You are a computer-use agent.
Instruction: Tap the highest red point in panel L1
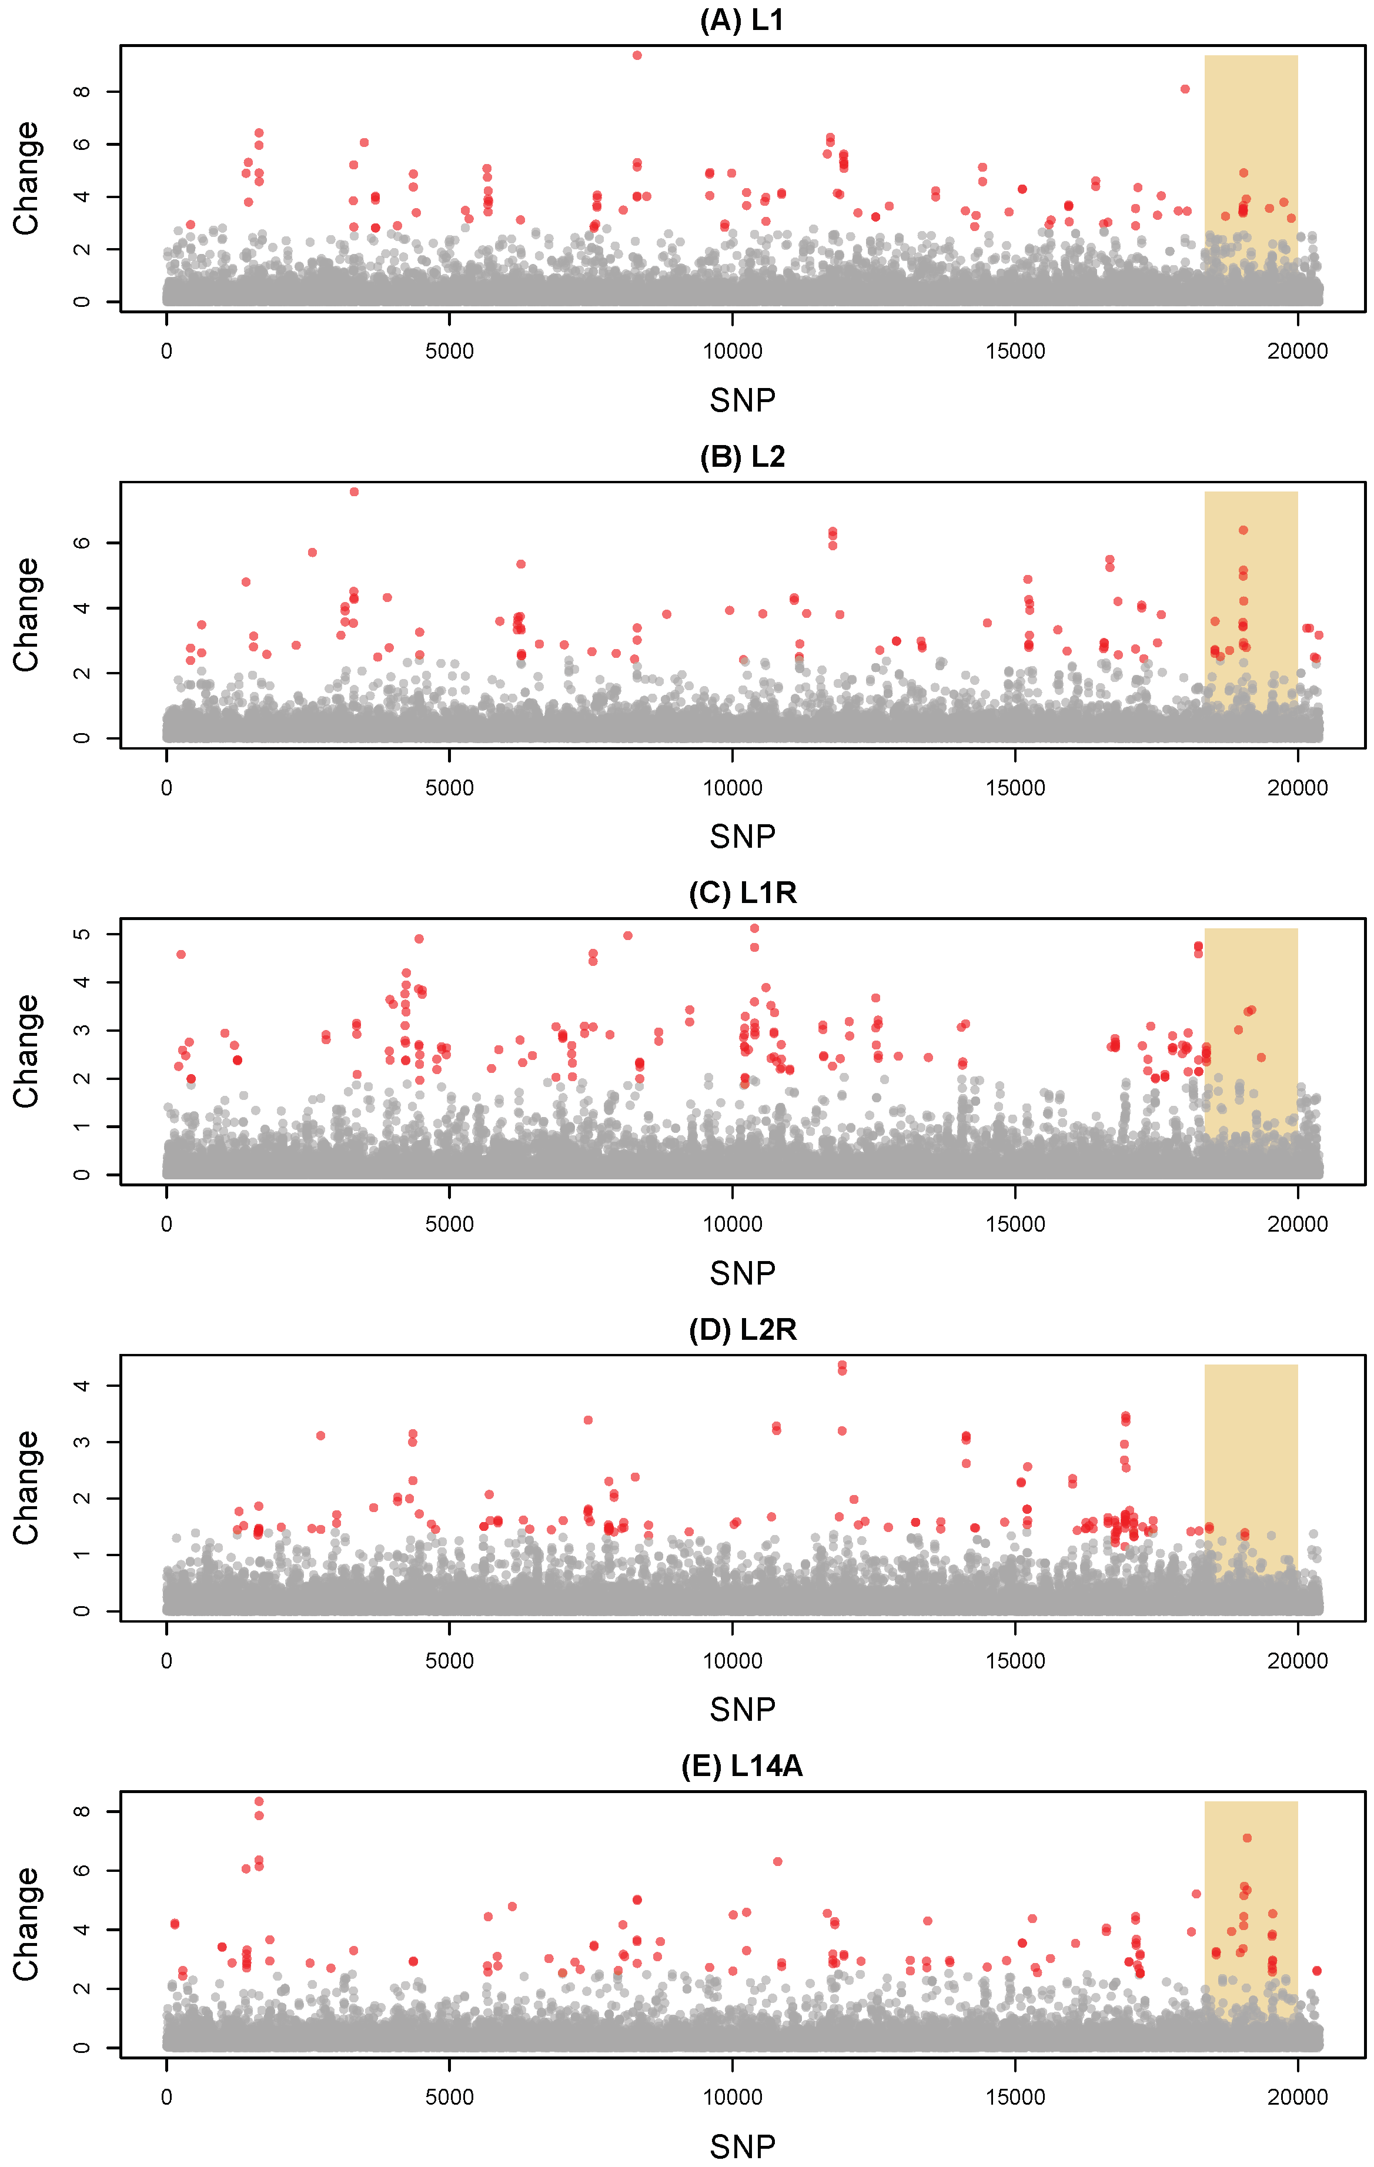click(x=637, y=55)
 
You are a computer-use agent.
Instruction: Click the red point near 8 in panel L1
click(x=1185, y=89)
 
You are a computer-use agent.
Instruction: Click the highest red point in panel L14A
click(x=259, y=1801)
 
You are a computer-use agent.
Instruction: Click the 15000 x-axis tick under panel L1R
click(x=1015, y=1224)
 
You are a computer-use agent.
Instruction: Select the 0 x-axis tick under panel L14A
click(x=166, y=2097)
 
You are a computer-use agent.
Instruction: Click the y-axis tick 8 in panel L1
click(x=82, y=92)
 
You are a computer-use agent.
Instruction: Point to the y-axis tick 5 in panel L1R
click(x=82, y=934)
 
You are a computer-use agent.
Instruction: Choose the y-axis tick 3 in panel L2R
click(x=82, y=1442)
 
